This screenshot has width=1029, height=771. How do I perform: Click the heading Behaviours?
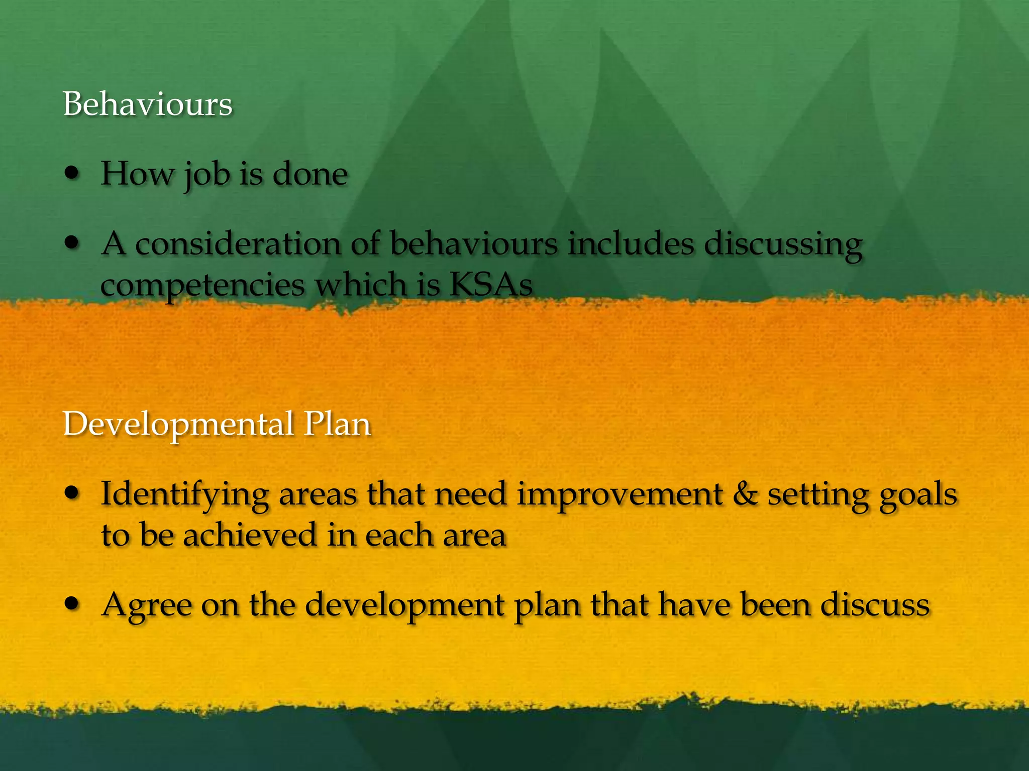tap(147, 104)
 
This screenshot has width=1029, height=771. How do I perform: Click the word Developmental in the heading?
tap(178, 424)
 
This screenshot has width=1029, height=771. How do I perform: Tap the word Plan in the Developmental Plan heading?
tap(337, 424)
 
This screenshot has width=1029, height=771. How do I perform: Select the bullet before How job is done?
tap(73, 174)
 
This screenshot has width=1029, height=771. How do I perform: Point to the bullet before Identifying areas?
tap(73, 493)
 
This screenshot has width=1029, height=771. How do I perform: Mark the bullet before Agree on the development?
tap(73, 604)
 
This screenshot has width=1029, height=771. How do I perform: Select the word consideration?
tap(238, 244)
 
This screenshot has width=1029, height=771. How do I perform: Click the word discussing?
tap(783, 245)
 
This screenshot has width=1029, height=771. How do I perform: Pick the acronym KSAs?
tap(490, 285)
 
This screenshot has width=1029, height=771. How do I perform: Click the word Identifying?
tap(184, 495)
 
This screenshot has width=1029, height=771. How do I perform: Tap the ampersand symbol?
tap(745, 494)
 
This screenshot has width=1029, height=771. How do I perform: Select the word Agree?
tap(146, 605)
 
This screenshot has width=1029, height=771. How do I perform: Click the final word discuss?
tap(875, 604)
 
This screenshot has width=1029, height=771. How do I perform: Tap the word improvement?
tap(620, 495)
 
